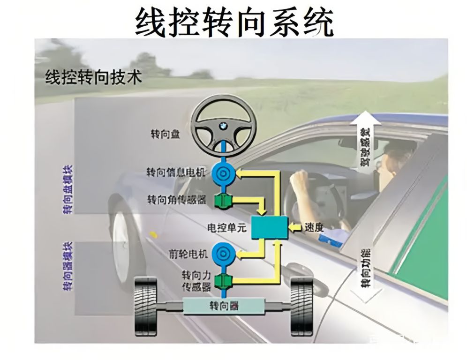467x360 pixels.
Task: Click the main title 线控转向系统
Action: pyautogui.click(x=234, y=21)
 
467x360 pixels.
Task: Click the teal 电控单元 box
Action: pyautogui.click(x=270, y=228)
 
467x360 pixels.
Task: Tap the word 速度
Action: pyautogui.click(x=314, y=228)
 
